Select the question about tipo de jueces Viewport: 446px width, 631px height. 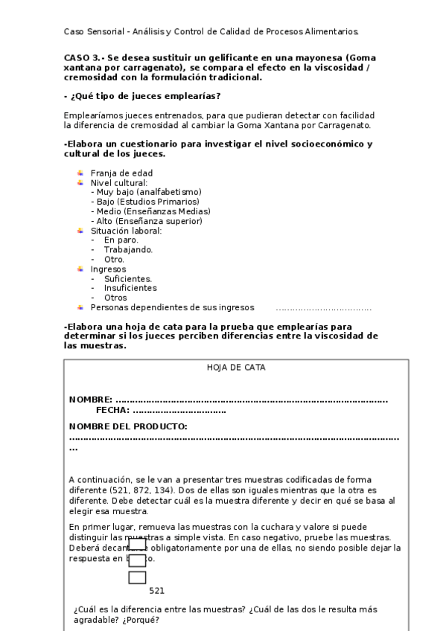(x=142, y=96)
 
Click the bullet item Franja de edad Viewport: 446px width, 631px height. (x=121, y=173)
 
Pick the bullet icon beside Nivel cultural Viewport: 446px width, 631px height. (x=80, y=182)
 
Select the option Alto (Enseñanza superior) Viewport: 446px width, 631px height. (x=148, y=221)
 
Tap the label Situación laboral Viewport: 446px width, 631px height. (x=126, y=231)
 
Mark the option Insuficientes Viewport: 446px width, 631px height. (x=130, y=288)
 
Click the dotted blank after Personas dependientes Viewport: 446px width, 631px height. (x=323, y=307)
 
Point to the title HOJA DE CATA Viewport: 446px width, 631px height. (x=236, y=367)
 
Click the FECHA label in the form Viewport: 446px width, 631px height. (x=112, y=410)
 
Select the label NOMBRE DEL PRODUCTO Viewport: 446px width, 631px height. (x=128, y=426)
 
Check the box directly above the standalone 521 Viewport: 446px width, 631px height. (x=137, y=577)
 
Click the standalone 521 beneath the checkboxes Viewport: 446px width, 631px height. (x=156, y=591)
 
